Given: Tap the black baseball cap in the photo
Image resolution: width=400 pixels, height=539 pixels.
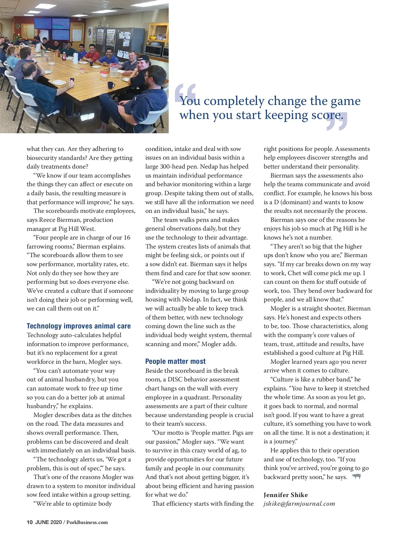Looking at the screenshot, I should tap(143, 58).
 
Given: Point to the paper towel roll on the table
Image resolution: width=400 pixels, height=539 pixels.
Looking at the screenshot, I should tap(76, 58).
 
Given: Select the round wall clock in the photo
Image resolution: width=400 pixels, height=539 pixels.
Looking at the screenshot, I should tap(18, 26).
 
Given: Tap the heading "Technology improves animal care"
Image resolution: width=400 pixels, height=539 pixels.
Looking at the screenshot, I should tap(79, 326).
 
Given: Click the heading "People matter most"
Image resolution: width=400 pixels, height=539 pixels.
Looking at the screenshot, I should tap(175, 361).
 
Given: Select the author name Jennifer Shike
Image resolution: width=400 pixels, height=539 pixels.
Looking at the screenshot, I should tap(286, 495).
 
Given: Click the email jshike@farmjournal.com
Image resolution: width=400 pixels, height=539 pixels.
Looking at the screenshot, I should tap(299, 504).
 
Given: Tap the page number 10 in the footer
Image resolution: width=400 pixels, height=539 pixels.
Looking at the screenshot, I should tap(30, 522).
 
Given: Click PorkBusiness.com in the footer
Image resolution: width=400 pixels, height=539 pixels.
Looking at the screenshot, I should tap(87, 522).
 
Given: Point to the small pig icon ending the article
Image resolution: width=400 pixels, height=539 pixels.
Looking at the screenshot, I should tap(356, 476).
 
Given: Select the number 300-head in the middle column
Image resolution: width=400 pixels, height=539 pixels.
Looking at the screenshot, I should tap(173, 167).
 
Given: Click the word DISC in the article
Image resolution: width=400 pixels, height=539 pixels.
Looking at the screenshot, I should tap(175, 379).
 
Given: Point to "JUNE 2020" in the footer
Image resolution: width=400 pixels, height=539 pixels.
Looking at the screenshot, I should tap(48, 522).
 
